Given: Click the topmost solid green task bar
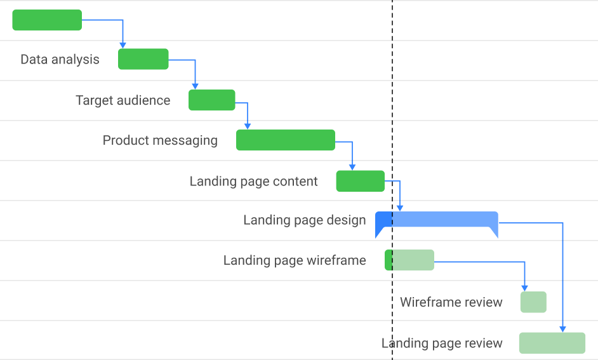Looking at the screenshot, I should coord(47,20).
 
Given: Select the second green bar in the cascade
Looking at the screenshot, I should coord(143,59).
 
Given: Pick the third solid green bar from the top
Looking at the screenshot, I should coord(212,100).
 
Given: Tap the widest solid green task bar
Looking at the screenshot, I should coord(286,140).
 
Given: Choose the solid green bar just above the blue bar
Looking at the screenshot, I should coord(360,181).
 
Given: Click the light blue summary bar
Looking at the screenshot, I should coord(444,220).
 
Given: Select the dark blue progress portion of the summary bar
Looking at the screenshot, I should coord(383,220).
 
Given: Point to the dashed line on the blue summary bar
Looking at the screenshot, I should coord(392,220).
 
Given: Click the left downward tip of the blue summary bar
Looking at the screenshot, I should coord(378,233).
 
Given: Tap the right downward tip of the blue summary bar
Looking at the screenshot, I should coord(495,233).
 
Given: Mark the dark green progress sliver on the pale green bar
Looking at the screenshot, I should coord(389,260).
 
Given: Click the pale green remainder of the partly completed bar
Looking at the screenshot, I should coord(413,260).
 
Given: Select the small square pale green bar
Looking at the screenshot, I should coord(533,302).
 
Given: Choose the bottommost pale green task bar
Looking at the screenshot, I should coord(552,343).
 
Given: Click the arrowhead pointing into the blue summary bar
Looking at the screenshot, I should coord(400,208).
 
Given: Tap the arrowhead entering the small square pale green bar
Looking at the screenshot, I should coord(524,288).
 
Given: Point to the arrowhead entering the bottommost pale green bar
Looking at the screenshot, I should coord(562,329).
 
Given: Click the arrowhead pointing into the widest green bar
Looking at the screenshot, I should coord(248,126).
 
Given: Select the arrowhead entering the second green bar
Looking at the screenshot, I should coord(123,45).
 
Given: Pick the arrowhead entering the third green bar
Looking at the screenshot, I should coord(195,86).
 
